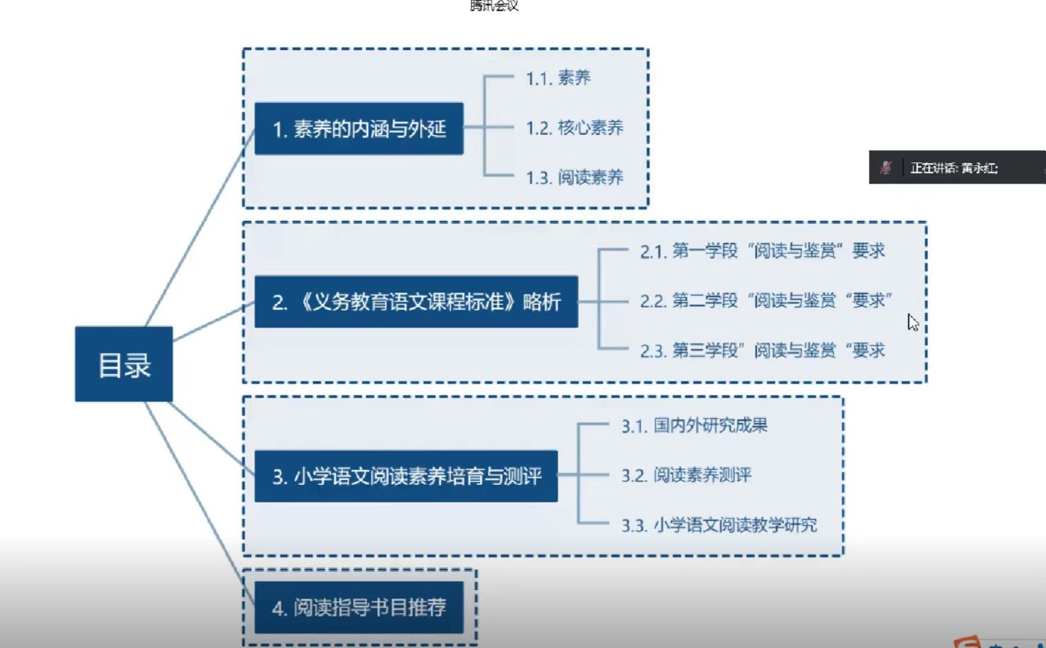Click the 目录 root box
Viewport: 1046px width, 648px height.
[x=124, y=364]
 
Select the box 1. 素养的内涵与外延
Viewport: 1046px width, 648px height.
[x=359, y=128]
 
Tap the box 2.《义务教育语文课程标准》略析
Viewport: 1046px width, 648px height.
[x=416, y=302]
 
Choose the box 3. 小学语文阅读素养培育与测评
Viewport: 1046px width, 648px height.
[x=406, y=476]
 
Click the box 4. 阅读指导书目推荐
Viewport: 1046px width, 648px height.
[x=359, y=607]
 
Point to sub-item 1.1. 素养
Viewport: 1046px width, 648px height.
[x=558, y=78]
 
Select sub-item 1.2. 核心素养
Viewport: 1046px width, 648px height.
[x=575, y=128]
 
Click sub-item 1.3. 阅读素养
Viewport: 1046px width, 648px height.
[x=575, y=177]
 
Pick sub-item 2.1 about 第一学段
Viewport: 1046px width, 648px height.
[x=762, y=251]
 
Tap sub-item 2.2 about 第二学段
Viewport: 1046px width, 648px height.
[x=766, y=301]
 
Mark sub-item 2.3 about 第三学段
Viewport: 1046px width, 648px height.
[x=762, y=350]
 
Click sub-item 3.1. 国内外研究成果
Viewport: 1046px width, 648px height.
[x=694, y=426]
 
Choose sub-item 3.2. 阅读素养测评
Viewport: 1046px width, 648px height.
[x=686, y=475]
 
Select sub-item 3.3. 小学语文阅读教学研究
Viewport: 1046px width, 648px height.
[x=719, y=525]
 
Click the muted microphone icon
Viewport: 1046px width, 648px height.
[x=886, y=167]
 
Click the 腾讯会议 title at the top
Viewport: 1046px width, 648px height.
[x=494, y=6]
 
